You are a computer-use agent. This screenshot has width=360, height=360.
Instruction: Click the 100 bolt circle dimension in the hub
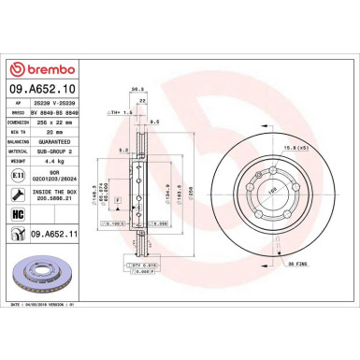pos(248,189)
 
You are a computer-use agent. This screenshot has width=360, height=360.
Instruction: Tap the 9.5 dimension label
pos(155,122)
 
